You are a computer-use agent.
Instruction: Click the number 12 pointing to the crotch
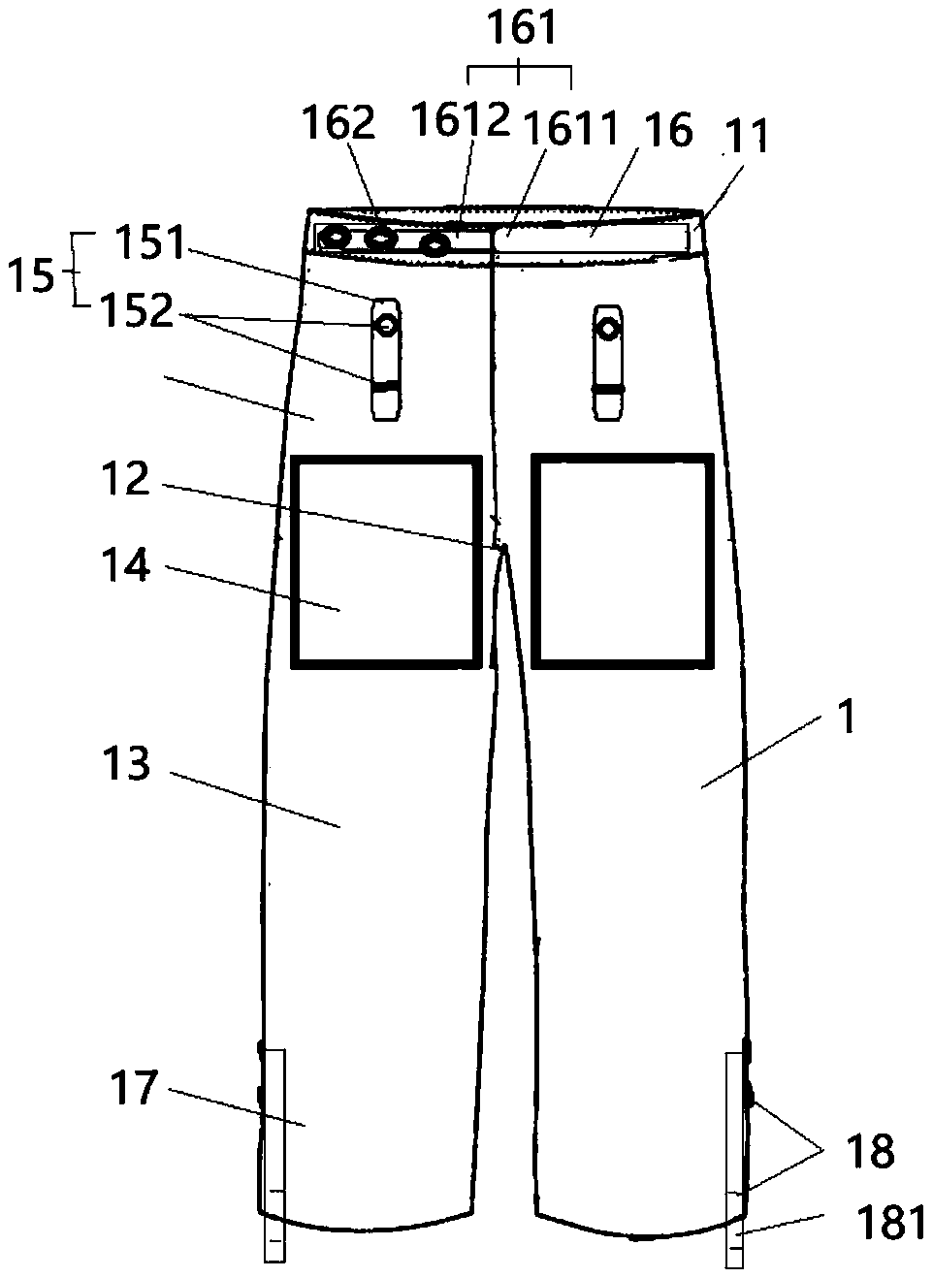pos(126,481)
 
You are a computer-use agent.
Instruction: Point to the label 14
pos(126,565)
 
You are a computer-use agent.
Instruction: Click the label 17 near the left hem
pos(133,1088)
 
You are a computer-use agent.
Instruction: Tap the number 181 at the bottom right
pos(890,1224)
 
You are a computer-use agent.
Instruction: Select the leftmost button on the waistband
pos(336,238)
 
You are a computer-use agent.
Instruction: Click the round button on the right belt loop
pos(608,329)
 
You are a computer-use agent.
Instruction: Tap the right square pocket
pos(623,561)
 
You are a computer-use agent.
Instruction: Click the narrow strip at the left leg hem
pos(274,1154)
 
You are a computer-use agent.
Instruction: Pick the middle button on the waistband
pos(379,239)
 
